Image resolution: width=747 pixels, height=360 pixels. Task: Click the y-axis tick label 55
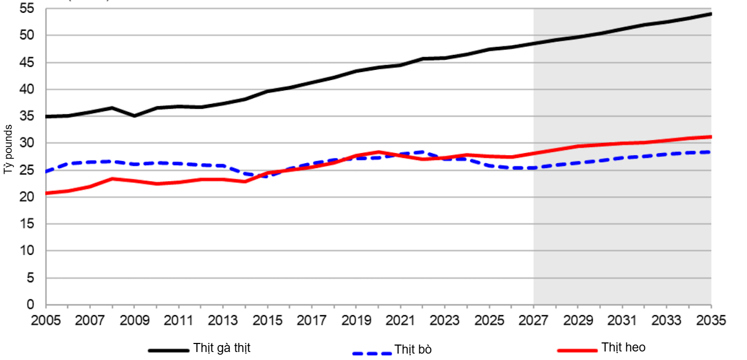pos(27,9)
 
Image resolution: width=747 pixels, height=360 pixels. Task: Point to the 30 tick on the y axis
pos(27,143)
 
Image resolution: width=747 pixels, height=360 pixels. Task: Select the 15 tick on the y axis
pos(27,224)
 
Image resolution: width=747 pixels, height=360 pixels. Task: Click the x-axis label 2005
pos(46,321)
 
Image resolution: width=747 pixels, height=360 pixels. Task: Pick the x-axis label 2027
pos(534,321)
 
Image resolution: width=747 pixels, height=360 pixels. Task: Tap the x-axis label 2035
pos(711,321)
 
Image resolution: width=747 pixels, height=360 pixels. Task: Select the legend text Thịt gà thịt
pos(222,348)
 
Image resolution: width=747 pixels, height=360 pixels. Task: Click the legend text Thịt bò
pos(413,350)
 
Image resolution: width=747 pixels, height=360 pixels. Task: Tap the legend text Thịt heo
pos(623,348)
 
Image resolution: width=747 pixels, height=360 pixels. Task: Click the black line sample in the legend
pos(169,350)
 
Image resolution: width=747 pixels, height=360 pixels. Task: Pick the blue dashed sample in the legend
pos(372,353)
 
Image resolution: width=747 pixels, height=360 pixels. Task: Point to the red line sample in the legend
pos(577,350)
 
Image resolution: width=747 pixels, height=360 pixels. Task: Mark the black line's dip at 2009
pos(134,116)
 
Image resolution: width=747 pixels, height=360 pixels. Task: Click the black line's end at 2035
pos(711,13)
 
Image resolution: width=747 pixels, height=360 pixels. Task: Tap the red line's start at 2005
pos(46,193)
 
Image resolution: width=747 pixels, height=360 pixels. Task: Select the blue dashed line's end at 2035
pos(711,152)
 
